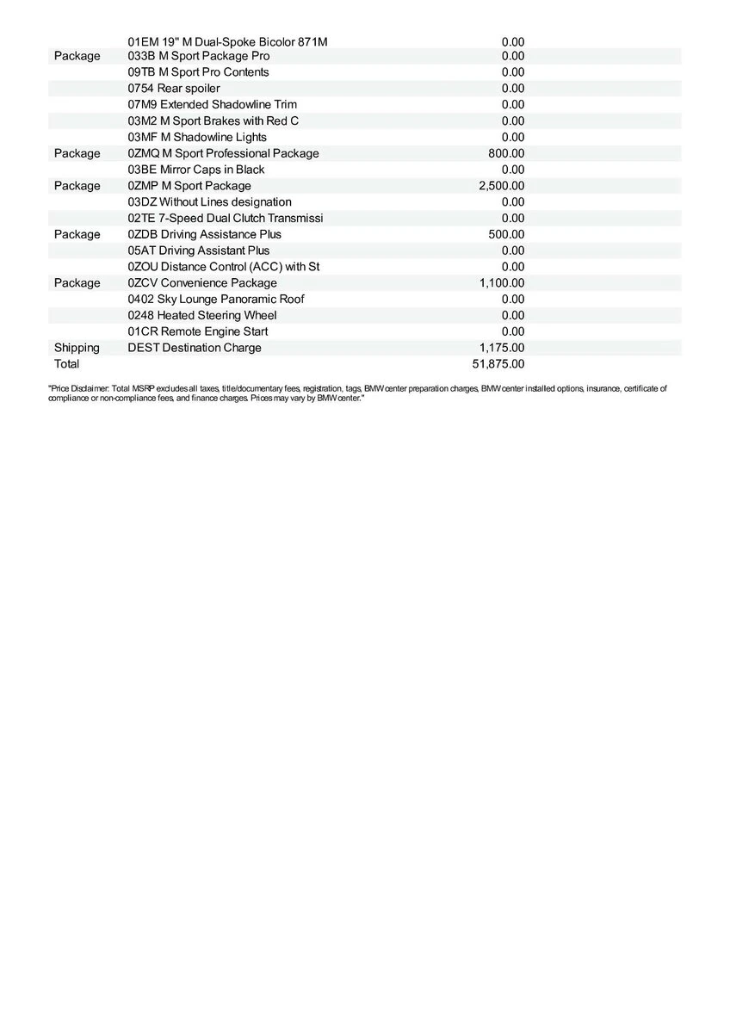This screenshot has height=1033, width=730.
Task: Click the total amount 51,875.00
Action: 498,364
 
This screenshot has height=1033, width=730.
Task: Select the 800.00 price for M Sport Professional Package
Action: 506,153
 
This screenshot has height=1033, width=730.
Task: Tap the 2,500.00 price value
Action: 501,186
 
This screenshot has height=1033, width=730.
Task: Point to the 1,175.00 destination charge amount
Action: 501,348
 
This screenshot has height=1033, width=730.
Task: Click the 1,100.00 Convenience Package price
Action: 501,283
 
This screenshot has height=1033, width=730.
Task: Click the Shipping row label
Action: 77,348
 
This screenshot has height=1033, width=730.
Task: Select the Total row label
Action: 66,364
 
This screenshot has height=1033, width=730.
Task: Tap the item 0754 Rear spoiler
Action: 174,89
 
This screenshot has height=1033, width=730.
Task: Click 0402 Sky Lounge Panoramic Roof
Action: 215,300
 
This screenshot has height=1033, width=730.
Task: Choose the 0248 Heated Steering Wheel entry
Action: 201,316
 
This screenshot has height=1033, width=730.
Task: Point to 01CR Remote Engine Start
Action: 197,331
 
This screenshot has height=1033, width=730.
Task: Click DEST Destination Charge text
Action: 194,348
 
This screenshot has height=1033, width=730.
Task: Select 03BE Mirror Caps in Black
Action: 195,170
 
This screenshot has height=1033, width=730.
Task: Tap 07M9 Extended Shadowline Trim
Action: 212,105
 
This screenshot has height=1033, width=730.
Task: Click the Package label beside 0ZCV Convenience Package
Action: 77,283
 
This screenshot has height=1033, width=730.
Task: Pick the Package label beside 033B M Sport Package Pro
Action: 77,56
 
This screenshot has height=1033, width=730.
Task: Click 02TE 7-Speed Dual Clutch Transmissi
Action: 226,219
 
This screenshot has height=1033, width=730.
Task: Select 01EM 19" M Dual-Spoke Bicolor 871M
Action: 227,41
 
